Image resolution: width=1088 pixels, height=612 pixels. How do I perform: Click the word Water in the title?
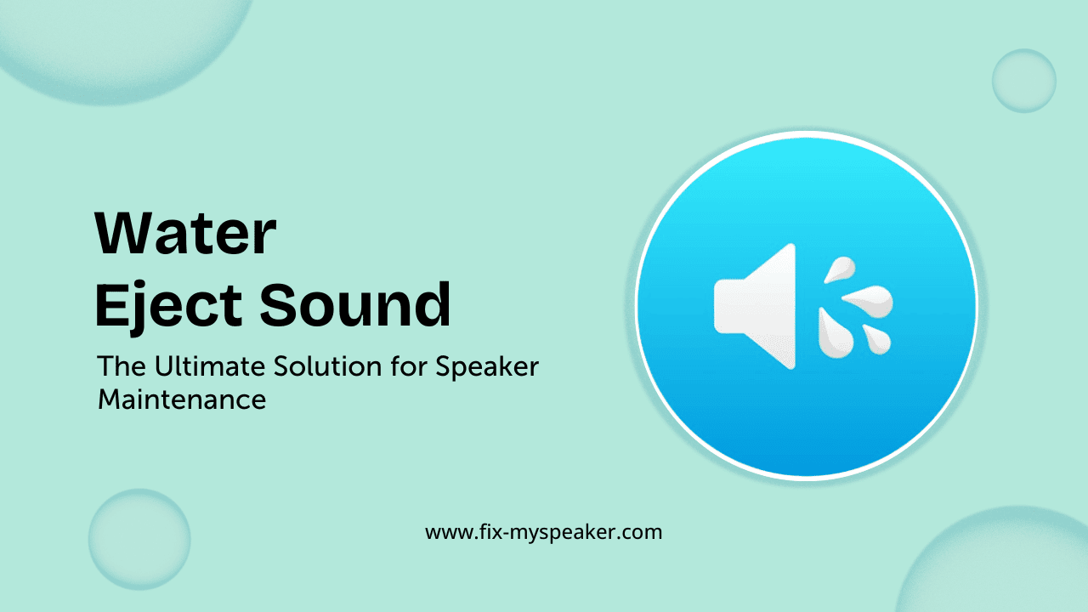click(x=185, y=234)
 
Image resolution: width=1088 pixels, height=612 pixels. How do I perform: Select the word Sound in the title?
click(x=355, y=305)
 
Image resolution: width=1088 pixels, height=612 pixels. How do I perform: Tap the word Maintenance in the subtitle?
click(x=182, y=399)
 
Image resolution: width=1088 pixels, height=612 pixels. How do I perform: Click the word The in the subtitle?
click(x=120, y=367)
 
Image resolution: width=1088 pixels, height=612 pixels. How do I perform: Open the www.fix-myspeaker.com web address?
click(x=543, y=533)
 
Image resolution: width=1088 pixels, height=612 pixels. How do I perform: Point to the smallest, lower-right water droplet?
click(x=877, y=339)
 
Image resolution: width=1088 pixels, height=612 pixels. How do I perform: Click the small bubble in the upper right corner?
click(x=1023, y=81)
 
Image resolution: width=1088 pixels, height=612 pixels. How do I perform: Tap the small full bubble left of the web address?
click(x=139, y=539)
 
